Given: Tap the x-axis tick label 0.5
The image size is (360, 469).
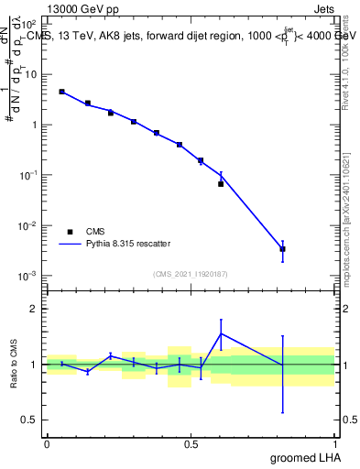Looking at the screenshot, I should pos(191,444).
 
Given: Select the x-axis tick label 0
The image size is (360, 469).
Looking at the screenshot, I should pos(47,444).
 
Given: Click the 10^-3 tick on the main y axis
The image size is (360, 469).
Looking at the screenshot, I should pos(29,276).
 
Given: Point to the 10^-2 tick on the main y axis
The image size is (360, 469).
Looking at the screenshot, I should pos(29,225).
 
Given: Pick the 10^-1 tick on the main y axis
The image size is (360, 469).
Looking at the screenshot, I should pos(29,175).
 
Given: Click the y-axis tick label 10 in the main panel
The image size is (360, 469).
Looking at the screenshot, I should pos(32,74).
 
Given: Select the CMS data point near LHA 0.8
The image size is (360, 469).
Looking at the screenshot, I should pos(283,249).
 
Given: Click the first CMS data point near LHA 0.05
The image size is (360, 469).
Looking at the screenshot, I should pos(61,92).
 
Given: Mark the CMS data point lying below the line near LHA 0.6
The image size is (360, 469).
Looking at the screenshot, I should pos(221,184).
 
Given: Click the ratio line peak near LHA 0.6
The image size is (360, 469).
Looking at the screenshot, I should pos(221,333).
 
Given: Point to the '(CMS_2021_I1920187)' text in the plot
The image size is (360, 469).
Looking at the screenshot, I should pos(190,273).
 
